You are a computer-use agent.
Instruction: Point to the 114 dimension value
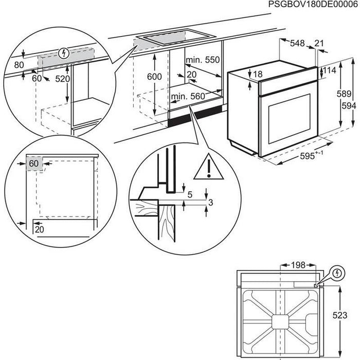(330, 70)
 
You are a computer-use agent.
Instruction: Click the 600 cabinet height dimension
(154, 77)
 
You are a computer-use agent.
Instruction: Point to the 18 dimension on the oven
(257, 74)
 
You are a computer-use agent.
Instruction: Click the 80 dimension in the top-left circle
(20, 65)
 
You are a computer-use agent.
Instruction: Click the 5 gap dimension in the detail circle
(190, 195)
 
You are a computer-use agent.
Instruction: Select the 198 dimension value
(298, 265)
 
